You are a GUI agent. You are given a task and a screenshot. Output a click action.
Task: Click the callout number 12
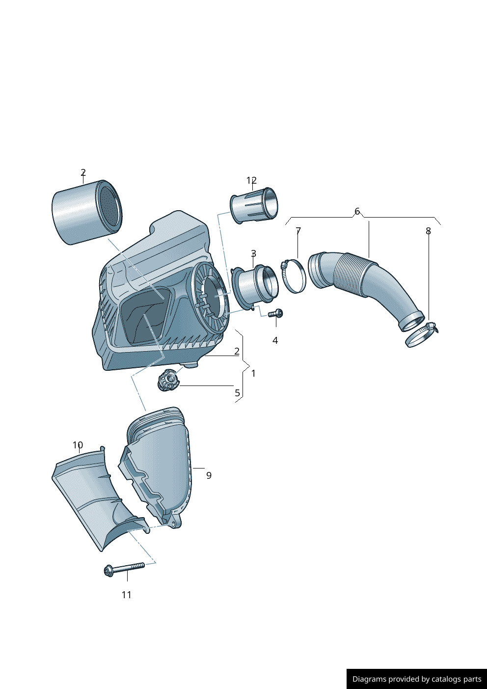coord(251,180)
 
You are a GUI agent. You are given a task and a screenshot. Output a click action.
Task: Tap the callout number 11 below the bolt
coord(127,595)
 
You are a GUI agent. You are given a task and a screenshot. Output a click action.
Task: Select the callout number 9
coord(209,475)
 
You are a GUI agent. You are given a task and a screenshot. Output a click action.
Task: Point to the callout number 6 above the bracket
coord(357,211)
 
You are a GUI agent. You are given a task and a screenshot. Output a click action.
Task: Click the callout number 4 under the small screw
coord(275,340)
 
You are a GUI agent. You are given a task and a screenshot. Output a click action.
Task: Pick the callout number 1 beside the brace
coord(253,373)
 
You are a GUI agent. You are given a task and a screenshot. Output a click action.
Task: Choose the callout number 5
coord(237,393)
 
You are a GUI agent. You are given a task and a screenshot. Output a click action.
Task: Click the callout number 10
coord(78,445)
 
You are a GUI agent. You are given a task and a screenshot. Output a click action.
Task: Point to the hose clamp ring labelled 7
coord(294,276)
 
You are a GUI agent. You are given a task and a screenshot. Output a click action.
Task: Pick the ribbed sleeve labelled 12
coord(253,205)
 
